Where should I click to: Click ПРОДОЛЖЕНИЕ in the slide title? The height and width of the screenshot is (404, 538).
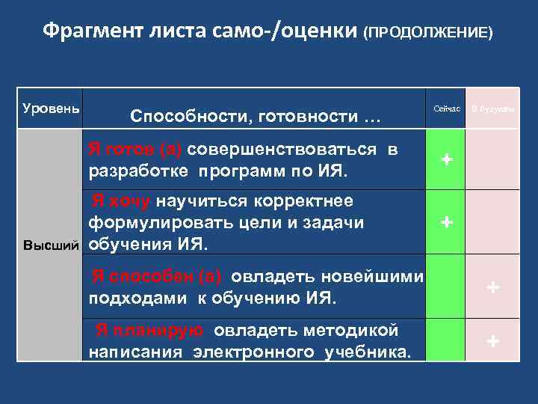[427, 33]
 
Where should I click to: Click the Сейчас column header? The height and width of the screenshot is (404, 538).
[447, 109]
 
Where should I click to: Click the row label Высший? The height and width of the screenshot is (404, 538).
[49, 245]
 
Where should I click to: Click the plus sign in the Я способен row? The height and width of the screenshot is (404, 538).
[492, 287]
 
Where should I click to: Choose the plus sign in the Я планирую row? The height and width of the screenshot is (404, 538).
[492, 341]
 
